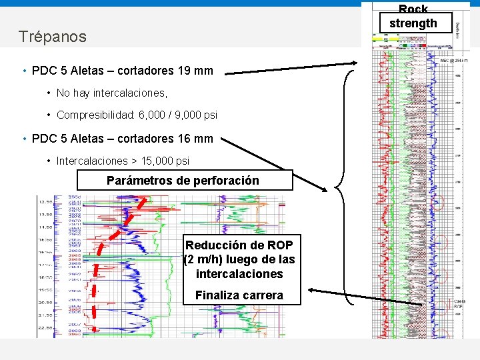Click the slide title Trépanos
click(x=53, y=37)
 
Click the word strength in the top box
click(x=413, y=23)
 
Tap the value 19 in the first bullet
click(x=185, y=70)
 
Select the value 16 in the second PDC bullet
click(x=185, y=139)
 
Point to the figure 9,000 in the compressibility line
click(x=186, y=115)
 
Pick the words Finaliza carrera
click(x=239, y=295)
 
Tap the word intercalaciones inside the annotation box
click(x=239, y=274)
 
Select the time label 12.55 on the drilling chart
click(x=45, y=201)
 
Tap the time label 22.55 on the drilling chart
click(x=45, y=327)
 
